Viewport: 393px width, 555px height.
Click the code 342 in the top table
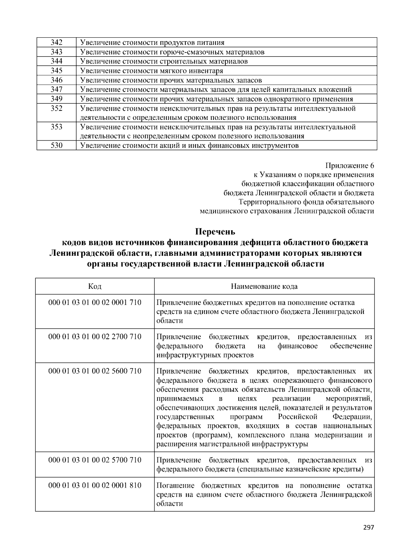click(x=56, y=43)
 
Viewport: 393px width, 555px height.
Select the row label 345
click(x=56, y=71)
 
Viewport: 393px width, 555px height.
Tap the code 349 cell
click(x=56, y=99)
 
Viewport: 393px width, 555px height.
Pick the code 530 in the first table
click(x=56, y=146)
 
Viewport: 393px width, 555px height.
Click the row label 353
click(x=56, y=127)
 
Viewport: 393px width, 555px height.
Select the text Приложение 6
click(x=349, y=165)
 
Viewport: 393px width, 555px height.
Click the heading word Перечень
click(x=215, y=232)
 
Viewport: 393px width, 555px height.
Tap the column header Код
click(x=95, y=286)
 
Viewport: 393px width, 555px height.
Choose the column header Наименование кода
click(x=264, y=287)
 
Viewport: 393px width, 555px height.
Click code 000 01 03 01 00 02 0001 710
click(x=95, y=303)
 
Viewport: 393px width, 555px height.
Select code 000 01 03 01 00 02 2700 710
click(x=95, y=337)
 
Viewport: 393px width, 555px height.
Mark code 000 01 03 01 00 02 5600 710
click(x=95, y=371)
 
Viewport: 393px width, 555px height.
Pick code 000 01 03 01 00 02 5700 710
click(x=95, y=460)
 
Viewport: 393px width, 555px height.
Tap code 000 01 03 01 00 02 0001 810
click(x=95, y=485)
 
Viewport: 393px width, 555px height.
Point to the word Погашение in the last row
click(x=175, y=486)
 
